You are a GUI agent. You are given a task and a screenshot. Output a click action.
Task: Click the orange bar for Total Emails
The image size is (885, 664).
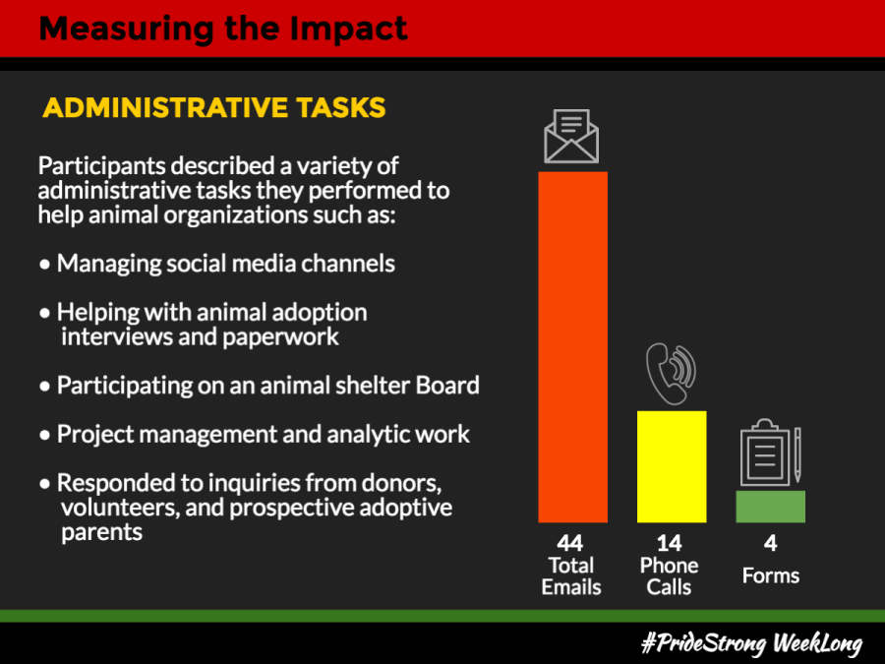click(573, 346)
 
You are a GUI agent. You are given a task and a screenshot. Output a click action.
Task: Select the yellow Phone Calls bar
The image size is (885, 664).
click(672, 466)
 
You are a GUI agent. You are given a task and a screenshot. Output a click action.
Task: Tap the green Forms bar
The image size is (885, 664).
click(770, 507)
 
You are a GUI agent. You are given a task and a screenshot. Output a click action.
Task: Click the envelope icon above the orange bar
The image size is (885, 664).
click(571, 136)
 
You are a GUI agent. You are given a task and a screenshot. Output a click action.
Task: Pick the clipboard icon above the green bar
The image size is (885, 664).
click(771, 453)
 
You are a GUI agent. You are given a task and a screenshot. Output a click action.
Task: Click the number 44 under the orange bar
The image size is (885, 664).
click(570, 543)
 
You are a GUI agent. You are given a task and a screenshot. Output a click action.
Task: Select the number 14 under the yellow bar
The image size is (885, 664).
click(670, 543)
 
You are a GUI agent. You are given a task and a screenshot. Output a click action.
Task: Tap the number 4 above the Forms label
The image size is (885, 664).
click(770, 543)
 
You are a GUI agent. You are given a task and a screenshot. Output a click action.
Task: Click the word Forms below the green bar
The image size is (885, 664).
click(770, 575)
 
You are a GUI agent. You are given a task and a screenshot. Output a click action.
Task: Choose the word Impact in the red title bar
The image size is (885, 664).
click(348, 29)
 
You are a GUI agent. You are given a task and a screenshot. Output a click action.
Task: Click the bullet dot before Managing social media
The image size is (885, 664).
click(44, 265)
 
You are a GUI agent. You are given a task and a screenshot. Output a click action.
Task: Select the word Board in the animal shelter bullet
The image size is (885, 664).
click(447, 385)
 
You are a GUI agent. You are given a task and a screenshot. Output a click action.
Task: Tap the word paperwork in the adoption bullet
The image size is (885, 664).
click(280, 337)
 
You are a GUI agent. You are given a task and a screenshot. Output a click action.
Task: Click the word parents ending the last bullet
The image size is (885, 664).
click(101, 532)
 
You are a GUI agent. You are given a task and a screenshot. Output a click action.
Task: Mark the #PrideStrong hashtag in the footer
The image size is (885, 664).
click(704, 643)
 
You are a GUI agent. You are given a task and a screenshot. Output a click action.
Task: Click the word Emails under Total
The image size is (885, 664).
click(571, 587)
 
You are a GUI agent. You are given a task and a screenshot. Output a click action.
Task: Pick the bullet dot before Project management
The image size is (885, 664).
click(44, 435)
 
